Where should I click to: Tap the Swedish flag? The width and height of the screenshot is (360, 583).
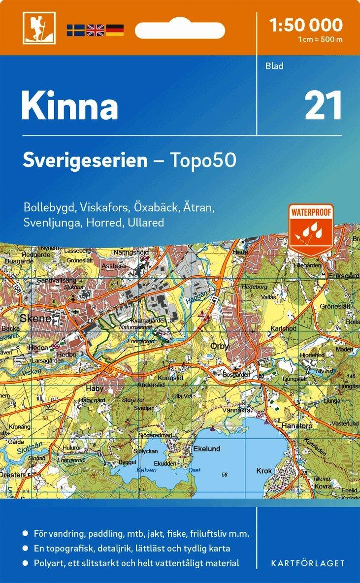click(x=76, y=30)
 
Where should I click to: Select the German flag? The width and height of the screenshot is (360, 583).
click(x=114, y=30)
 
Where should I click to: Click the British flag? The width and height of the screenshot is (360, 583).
click(x=95, y=30)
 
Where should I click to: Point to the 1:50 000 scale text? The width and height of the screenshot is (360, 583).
click(x=306, y=25)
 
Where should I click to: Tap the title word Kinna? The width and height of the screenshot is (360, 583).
click(x=69, y=106)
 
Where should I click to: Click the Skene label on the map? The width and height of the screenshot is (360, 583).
click(x=35, y=319)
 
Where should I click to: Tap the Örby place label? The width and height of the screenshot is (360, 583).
click(x=219, y=346)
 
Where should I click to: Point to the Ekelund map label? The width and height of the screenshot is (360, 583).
click(x=206, y=449)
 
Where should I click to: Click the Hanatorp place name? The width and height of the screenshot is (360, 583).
click(x=295, y=424)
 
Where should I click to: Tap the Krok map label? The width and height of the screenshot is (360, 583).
click(x=264, y=471)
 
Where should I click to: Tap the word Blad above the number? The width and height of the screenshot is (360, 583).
click(x=274, y=66)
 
